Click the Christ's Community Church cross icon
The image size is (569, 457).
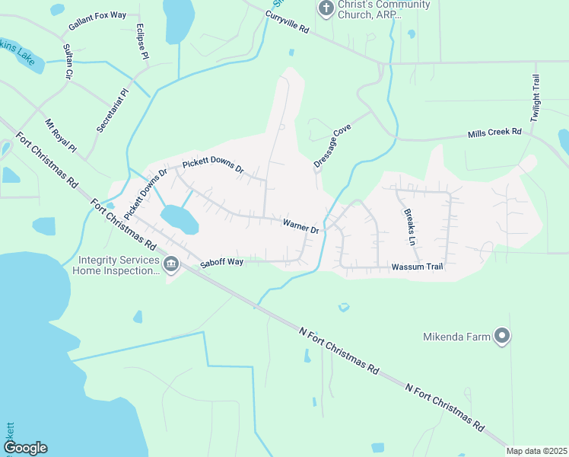(326, 8)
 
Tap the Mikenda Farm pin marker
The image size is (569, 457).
(501, 336)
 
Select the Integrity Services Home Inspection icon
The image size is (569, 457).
(171, 264)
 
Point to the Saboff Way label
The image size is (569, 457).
(221, 263)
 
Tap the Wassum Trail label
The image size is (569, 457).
(417, 267)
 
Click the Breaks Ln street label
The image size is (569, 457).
(409, 226)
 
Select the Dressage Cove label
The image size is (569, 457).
(332, 148)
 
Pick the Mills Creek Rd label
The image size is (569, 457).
(494, 133)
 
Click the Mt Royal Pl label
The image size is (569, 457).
(61, 136)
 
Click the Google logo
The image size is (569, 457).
(25, 448)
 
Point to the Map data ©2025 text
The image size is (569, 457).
(536, 451)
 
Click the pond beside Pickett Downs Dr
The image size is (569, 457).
(179, 219)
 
